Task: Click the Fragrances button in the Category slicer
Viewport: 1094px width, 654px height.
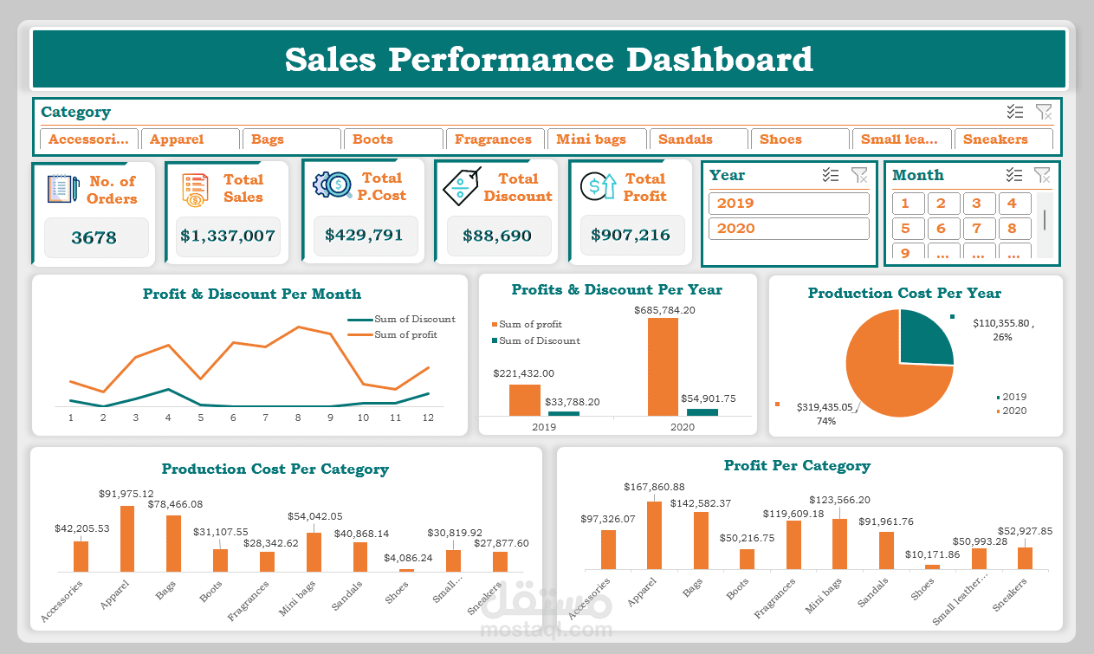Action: (x=494, y=139)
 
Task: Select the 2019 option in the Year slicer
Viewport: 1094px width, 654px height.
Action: (x=788, y=204)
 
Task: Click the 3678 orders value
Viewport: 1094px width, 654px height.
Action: (x=94, y=237)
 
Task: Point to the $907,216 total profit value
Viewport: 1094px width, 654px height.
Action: (x=631, y=235)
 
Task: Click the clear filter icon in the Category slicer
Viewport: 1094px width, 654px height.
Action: (x=1043, y=112)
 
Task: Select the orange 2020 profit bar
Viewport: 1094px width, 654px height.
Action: (x=663, y=366)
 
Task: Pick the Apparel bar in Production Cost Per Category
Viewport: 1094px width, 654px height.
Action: (x=127, y=538)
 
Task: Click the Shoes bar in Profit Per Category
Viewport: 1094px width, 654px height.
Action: (x=932, y=567)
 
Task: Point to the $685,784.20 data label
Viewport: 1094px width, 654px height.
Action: (x=664, y=309)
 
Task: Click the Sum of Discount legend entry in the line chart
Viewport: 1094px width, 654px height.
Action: (x=414, y=319)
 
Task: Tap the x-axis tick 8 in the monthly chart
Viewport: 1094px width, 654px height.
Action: (x=298, y=418)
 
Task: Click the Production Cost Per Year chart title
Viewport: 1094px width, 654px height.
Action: (x=904, y=293)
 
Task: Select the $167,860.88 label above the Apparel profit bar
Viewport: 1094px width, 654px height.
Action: (x=654, y=487)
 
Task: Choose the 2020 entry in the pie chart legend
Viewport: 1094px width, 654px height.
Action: (x=1013, y=411)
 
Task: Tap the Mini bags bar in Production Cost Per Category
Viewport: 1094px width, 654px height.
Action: (x=314, y=552)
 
